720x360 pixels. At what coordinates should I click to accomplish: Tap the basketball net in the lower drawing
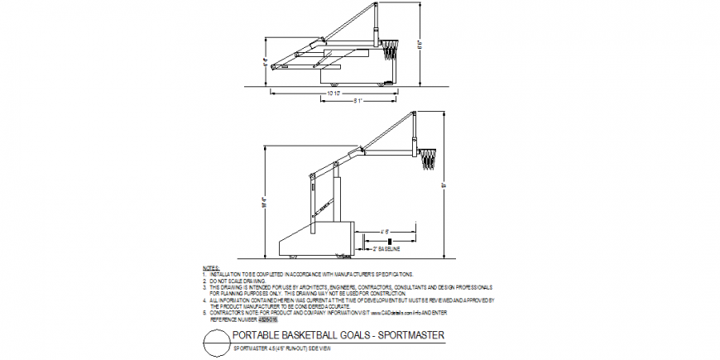pos(428,159)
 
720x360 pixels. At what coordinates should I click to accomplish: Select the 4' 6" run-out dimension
pos(386,231)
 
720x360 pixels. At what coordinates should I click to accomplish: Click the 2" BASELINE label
pos(386,248)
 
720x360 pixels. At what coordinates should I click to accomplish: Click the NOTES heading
pos(211,267)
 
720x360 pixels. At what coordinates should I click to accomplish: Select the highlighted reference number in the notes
pos(269,317)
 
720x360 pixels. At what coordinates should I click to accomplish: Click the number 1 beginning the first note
pos(204,273)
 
